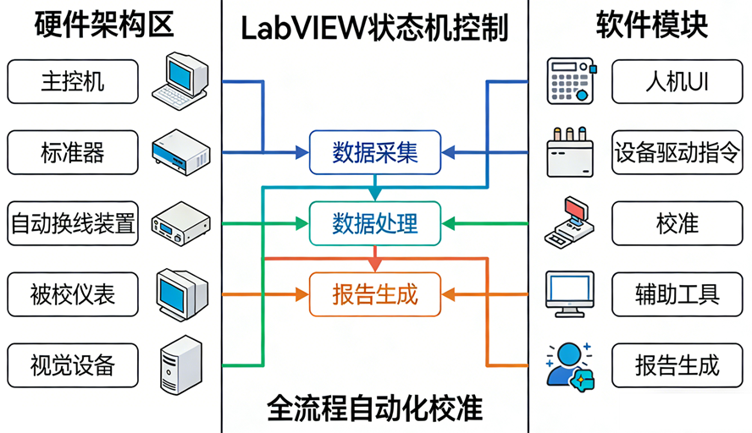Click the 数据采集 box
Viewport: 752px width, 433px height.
coord(375,152)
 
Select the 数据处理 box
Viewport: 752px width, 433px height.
coord(375,223)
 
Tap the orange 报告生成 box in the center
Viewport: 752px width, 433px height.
coord(375,294)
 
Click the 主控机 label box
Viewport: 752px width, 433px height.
coord(72,81)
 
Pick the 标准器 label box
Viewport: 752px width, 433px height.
coord(72,152)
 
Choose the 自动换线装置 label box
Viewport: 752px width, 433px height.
coord(72,223)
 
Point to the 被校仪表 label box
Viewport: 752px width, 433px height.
coord(72,294)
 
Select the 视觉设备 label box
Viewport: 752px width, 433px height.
coord(72,365)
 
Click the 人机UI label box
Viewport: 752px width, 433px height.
coord(677,81)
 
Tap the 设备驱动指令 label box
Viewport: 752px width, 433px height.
coord(677,152)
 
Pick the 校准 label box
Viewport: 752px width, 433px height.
coord(677,223)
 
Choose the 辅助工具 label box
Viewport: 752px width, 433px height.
coord(677,294)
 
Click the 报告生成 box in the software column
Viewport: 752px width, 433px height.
coord(677,365)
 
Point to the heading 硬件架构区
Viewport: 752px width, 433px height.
coord(104,25)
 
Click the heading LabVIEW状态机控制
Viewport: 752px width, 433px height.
coord(374,27)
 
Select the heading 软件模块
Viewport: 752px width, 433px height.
coord(652,25)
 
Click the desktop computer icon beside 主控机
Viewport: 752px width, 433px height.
coord(180,80)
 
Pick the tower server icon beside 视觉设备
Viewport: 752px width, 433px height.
coord(180,364)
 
